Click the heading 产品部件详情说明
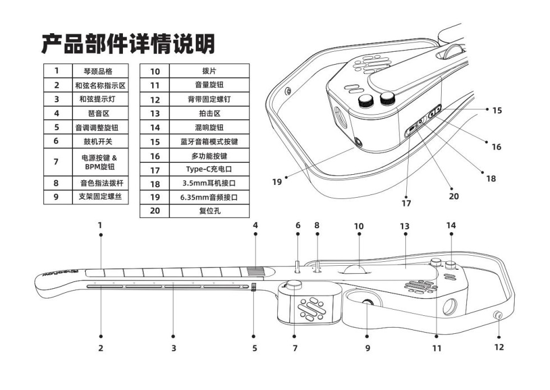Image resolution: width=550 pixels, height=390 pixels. (x=128, y=44)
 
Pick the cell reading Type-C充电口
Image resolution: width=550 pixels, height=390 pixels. (x=209, y=169)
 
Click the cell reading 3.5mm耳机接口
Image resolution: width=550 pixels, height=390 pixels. (x=209, y=183)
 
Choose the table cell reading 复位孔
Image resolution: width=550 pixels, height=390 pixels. (x=209, y=211)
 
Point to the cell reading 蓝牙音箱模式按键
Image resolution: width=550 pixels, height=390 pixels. (x=209, y=142)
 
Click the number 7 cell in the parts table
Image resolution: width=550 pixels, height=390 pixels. (x=57, y=162)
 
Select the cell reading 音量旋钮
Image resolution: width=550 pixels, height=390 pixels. (x=209, y=85)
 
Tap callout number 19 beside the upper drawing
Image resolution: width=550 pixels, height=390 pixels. (x=277, y=182)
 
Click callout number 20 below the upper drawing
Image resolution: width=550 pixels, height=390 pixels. (x=454, y=196)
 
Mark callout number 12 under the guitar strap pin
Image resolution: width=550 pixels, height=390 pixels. (x=498, y=347)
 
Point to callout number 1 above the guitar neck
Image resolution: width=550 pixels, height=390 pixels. (x=100, y=225)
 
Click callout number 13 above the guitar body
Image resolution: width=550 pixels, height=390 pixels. (x=405, y=226)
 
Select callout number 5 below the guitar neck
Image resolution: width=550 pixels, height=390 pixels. (x=254, y=348)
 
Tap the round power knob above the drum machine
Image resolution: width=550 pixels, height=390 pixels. (x=294, y=285)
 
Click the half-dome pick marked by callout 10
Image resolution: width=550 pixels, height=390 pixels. (x=355, y=269)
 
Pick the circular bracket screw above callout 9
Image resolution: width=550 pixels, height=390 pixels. (x=368, y=304)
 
